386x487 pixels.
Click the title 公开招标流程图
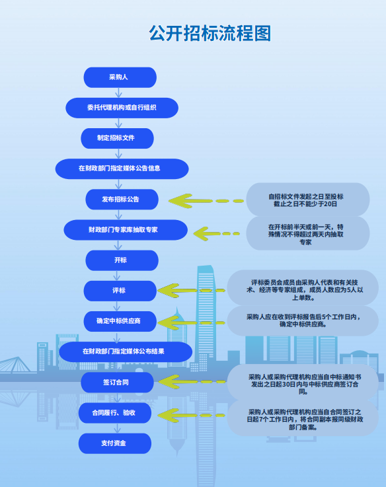[210, 33]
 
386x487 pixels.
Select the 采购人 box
[120, 77]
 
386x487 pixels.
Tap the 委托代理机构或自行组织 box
[122, 108]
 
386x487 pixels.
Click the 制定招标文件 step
[117, 138]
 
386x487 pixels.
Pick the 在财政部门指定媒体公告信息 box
[122, 169]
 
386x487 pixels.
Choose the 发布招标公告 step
[122, 199]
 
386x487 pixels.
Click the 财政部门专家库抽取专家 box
[126, 229]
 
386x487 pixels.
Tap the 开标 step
[122, 260]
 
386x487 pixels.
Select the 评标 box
[120, 291]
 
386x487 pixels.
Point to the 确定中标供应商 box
[120, 321]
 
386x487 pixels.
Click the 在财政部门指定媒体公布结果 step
[126, 352]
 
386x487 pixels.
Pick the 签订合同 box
[117, 383]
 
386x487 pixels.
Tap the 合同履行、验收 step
[115, 413]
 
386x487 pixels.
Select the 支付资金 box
[115, 443]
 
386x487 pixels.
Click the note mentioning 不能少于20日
[308, 200]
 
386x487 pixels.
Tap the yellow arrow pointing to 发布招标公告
[206, 201]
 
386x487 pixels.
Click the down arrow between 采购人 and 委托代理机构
[118, 93]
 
